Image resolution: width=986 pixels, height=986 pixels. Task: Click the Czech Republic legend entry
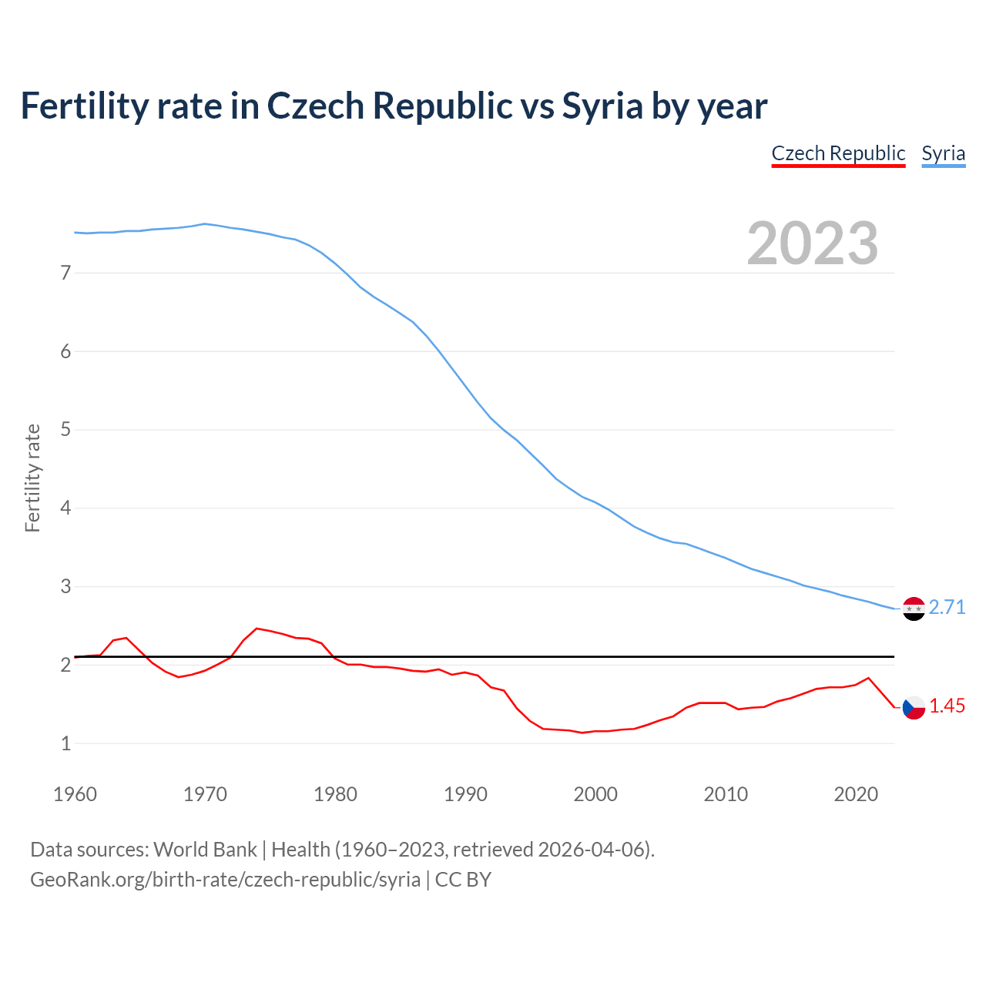point(838,153)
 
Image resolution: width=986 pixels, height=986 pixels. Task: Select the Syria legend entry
point(943,153)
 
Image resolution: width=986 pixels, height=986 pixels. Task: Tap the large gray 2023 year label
point(812,243)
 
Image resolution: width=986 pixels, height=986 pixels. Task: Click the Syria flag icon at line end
point(914,609)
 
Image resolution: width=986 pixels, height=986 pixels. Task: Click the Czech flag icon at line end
point(914,707)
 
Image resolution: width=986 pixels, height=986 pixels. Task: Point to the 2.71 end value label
point(947,608)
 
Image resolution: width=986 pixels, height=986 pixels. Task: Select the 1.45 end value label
point(947,706)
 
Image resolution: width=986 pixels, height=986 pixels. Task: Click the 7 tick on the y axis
point(65,273)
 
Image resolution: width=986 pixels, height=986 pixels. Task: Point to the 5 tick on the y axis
point(65,430)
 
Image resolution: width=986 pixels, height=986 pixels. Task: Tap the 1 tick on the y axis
point(65,744)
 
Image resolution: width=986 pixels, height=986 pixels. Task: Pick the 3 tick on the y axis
point(65,587)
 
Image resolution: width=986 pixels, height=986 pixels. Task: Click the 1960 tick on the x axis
point(75,794)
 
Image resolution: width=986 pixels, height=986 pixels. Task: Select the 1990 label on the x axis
point(465,794)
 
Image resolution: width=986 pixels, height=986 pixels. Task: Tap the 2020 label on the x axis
point(856,794)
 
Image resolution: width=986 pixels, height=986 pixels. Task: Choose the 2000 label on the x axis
point(595,794)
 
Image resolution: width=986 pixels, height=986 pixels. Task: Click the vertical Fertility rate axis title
point(32,478)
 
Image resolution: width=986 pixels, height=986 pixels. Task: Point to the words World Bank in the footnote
point(205,850)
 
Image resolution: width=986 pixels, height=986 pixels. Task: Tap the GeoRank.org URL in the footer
point(225,880)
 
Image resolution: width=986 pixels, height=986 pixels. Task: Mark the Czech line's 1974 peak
point(257,629)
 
